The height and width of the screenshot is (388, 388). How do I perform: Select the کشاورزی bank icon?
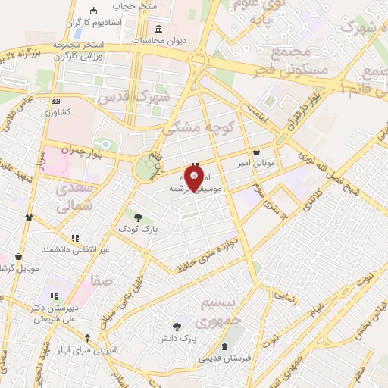pyautogui.click(x=55, y=101)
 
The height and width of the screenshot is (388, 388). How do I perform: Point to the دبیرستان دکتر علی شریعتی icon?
pyautogui.click(x=54, y=296)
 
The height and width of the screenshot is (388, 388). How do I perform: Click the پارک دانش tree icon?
pyautogui.click(x=177, y=324)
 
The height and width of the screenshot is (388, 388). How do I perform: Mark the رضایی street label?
pyautogui.click(x=283, y=294)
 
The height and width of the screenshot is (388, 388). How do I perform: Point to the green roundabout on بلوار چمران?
pyautogui.click(x=144, y=170)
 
